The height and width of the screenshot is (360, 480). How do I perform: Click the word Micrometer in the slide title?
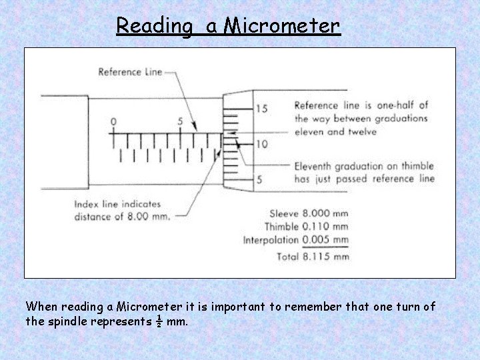tap(282, 25)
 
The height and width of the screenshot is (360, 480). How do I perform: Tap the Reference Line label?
tap(130, 72)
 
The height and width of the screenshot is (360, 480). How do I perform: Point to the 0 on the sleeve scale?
tap(113, 121)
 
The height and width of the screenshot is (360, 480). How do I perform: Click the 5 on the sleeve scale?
tap(181, 121)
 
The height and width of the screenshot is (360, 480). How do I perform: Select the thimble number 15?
tap(262, 109)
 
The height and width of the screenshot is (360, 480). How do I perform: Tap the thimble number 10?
tap(262, 144)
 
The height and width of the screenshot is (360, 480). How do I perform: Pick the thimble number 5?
tap(259, 179)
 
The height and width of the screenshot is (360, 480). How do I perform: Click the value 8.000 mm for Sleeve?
tap(325, 214)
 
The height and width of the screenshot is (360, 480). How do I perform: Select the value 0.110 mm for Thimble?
tap(325, 227)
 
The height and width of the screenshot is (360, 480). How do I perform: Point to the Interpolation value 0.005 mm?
tap(325, 239)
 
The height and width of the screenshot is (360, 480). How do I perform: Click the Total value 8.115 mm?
tap(325, 256)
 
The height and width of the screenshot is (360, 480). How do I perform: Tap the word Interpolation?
tap(271, 239)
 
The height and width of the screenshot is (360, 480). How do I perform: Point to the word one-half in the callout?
tap(399, 105)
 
